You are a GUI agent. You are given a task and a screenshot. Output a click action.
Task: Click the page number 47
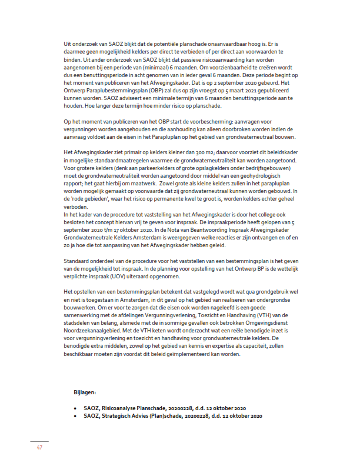(39, 448)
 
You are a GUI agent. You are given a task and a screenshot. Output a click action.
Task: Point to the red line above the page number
(39, 441)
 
